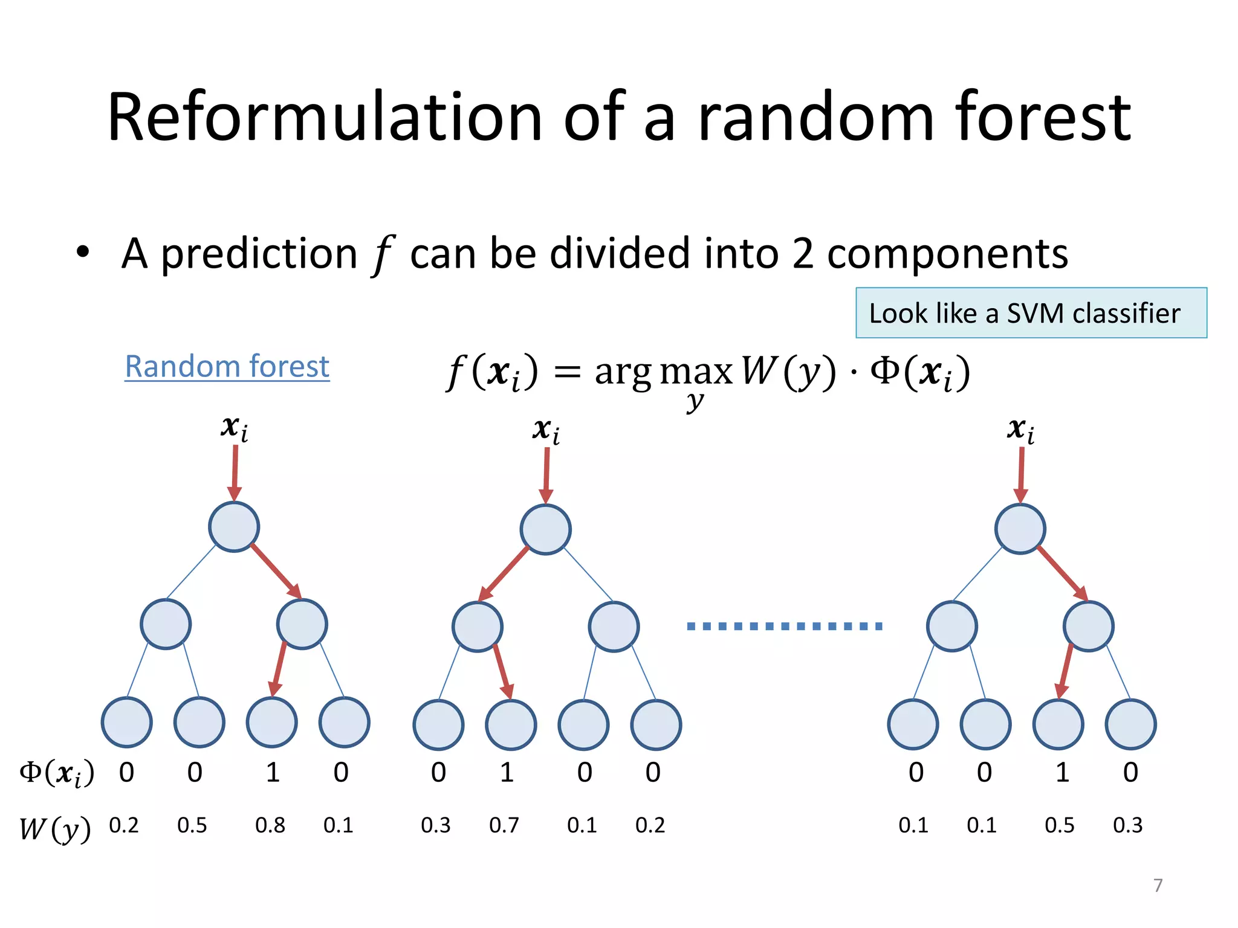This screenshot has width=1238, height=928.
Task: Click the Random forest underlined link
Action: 227,367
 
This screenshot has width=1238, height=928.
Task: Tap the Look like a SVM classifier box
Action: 1031,313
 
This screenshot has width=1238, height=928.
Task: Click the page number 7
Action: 1158,885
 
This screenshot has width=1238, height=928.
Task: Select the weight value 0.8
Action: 270,825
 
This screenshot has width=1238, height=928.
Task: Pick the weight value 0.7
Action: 504,825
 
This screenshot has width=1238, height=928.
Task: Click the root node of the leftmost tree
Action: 234,527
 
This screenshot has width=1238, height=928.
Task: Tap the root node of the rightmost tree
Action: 1020,529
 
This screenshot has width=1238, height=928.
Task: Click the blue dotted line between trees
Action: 785,627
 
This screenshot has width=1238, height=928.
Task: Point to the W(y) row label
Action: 54,829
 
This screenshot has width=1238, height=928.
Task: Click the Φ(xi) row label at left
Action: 57,773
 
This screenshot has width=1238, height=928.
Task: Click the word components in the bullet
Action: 947,254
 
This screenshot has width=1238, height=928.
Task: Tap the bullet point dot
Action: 83,252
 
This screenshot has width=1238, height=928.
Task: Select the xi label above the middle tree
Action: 546,430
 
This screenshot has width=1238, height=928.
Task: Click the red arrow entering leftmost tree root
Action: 235,472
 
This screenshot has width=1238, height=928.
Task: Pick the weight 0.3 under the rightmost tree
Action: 1127,825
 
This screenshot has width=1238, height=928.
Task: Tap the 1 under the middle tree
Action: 507,773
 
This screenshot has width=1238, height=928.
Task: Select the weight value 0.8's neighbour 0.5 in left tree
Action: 192,825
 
